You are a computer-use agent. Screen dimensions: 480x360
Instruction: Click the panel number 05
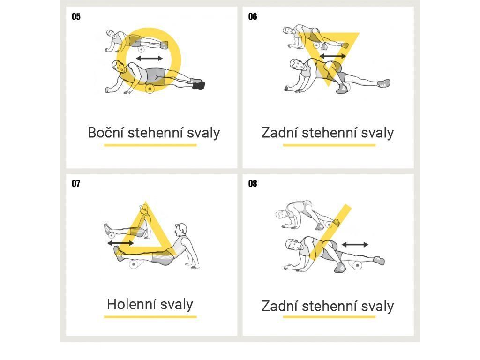pos(76,16)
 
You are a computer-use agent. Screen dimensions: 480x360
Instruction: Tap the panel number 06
pos(253,16)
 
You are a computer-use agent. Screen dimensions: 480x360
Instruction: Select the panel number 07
pos(76,184)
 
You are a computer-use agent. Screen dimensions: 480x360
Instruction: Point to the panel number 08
pos(253,184)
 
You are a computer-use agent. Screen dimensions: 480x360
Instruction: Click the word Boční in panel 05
pos(105,133)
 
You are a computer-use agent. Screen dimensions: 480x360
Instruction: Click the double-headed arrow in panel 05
pos(150,58)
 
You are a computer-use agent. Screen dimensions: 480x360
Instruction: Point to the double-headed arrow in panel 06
pos(333,56)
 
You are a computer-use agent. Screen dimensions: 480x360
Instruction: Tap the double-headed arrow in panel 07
pos(120,243)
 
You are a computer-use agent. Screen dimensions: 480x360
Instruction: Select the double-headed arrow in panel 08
pos(355,244)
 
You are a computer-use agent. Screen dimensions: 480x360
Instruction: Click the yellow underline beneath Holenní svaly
pos(150,317)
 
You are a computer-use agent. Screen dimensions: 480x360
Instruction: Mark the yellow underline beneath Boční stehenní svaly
pos(150,145)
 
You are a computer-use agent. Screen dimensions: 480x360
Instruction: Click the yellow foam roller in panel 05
pos(150,89)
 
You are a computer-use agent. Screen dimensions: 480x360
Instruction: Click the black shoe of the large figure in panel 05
pos(199,85)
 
